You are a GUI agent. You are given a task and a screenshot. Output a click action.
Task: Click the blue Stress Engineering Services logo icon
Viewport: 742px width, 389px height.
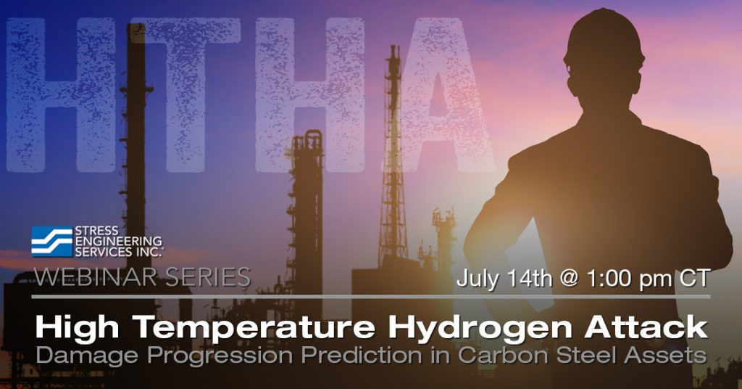tap(51, 242)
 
